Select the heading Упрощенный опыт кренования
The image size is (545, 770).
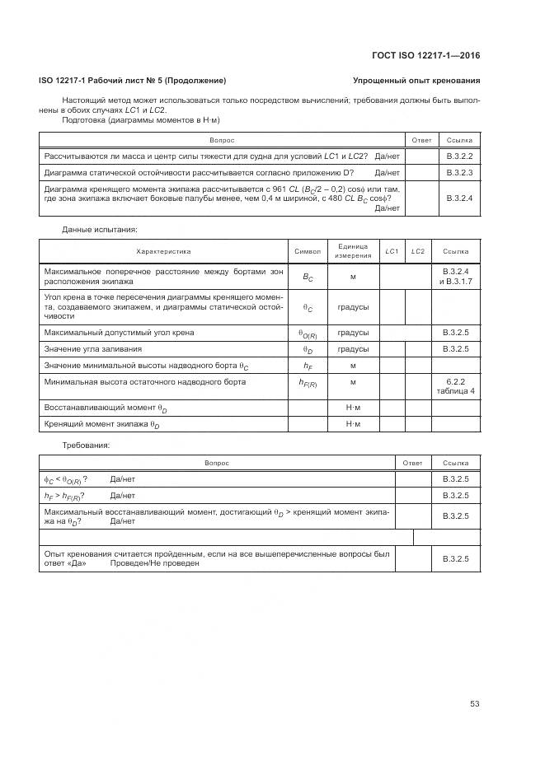(x=416, y=81)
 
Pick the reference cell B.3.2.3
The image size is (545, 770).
(x=458, y=173)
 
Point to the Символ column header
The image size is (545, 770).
(x=307, y=250)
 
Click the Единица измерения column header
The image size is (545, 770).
(x=352, y=250)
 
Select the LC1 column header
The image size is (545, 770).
(x=392, y=250)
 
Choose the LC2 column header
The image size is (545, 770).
(x=417, y=250)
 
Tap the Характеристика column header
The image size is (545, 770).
(x=163, y=250)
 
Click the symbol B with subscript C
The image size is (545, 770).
(x=307, y=278)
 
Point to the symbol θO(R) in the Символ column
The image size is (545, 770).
(x=307, y=333)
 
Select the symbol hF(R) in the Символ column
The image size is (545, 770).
(x=307, y=383)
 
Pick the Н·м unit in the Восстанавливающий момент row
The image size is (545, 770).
(x=352, y=408)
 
